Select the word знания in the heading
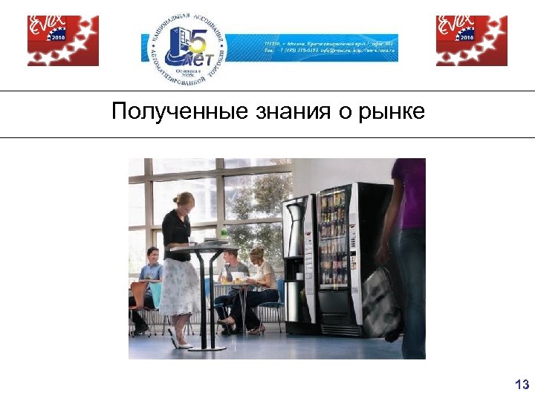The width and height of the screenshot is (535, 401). coord(281,112)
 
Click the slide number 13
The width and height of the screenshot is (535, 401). coord(522,384)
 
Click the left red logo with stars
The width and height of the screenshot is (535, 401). coord(63,40)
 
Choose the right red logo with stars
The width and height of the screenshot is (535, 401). coord(471,40)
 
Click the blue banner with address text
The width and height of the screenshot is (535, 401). coord(331,48)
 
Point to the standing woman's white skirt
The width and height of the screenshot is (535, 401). coord(180,286)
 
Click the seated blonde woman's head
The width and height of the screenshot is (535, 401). coord(257,255)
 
